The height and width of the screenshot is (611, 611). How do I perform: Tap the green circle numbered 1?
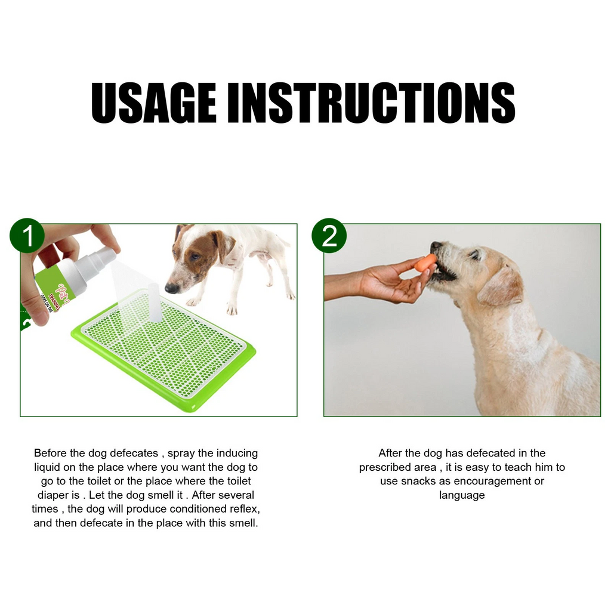(27, 236)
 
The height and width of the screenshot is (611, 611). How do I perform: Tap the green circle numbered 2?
(329, 236)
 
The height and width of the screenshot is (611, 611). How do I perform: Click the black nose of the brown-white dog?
(171, 288)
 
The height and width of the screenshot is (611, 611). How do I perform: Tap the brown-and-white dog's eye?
(195, 257)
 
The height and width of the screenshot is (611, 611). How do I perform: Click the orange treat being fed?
(425, 263)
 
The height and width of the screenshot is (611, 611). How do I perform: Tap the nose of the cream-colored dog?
(435, 246)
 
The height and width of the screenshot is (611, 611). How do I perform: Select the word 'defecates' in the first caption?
(135, 453)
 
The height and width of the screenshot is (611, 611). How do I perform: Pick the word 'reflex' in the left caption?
(243, 509)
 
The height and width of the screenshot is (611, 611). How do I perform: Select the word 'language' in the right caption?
(462, 495)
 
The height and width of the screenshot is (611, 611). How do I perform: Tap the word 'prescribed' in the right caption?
(385, 467)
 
